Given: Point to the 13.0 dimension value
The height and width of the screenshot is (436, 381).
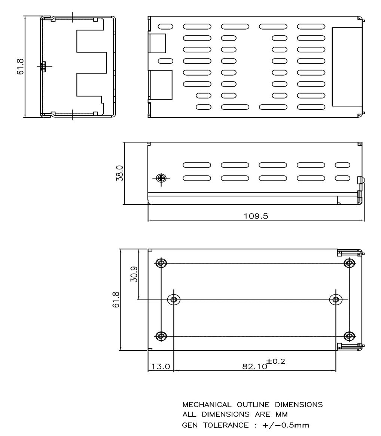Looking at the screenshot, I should coord(161,366).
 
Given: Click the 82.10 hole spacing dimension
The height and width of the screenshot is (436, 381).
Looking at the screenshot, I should coord(255,366).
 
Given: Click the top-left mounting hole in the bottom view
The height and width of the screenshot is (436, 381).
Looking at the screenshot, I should coord(161,263).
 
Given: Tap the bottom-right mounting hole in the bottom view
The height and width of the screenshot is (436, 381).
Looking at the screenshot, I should coord(349,336).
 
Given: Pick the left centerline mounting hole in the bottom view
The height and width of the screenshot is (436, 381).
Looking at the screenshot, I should coord(173,300).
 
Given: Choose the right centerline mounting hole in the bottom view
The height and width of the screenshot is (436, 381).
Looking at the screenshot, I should coord(336,300).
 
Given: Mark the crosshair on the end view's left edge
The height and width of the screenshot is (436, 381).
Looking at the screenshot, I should coord(43,67).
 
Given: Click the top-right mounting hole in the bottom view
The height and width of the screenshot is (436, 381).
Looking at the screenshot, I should coord(349,263).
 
